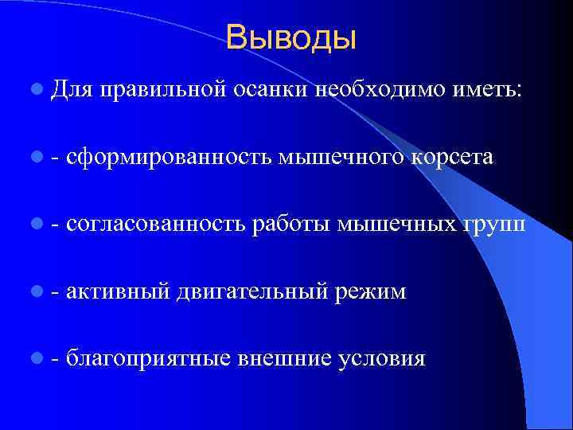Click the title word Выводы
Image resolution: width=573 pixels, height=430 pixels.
(x=290, y=37)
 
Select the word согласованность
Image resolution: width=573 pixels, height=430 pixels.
(x=156, y=225)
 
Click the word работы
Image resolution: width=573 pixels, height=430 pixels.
(x=290, y=226)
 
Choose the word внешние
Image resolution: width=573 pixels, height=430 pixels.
(x=285, y=358)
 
